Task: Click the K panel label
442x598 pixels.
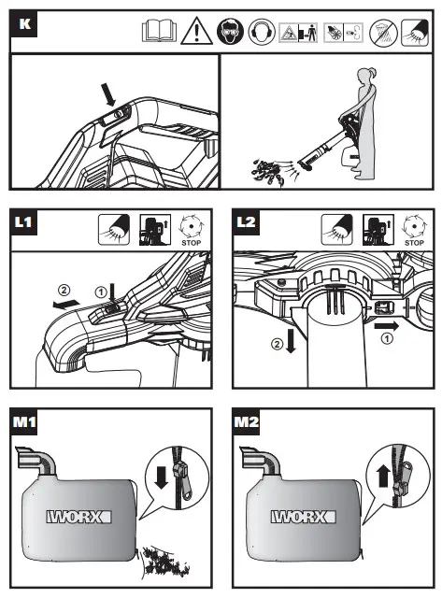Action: [24, 24]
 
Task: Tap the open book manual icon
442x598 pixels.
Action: [159, 31]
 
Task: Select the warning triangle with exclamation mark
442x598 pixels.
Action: [196, 31]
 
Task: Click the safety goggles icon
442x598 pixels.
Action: [230, 31]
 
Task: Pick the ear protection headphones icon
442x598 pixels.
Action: [262, 31]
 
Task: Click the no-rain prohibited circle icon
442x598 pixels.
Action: [384, 32]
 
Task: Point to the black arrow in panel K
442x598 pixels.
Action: [107, 95]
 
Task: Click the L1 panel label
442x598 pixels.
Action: [22, 222]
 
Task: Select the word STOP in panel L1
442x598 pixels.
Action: [191, 243]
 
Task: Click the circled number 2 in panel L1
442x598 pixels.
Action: [64, 291]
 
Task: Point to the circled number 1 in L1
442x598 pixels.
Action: [100, 292]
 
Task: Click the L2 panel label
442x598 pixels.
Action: [246, 222]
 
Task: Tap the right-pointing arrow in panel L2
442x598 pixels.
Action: [386, 326]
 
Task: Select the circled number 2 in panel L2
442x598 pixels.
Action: [277, 344]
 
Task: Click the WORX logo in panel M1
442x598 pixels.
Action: [78, 517]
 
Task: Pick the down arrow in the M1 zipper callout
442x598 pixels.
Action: [162, 477]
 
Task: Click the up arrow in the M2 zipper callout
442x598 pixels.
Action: [383, 477]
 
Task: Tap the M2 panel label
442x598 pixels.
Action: [247, 421]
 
